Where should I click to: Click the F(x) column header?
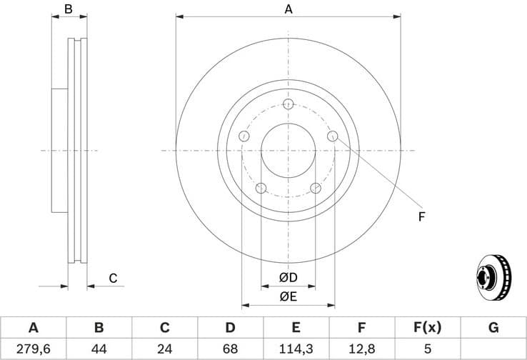tap(427, 328)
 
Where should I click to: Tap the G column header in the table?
tap(493, 328)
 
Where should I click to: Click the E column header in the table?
tap(296, 328)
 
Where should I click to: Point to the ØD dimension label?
tap(288, 276)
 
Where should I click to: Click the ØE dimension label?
tap(288, 295)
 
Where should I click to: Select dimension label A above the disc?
tap(288, 9)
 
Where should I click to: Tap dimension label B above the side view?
tap(69, 9)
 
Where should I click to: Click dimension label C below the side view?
tap(112, 278)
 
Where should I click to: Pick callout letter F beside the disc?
tap(421, 216)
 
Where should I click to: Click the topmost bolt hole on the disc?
tap(288, 105)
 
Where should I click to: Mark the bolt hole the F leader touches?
tap(332, 136)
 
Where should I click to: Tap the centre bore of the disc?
tap(288, 151)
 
